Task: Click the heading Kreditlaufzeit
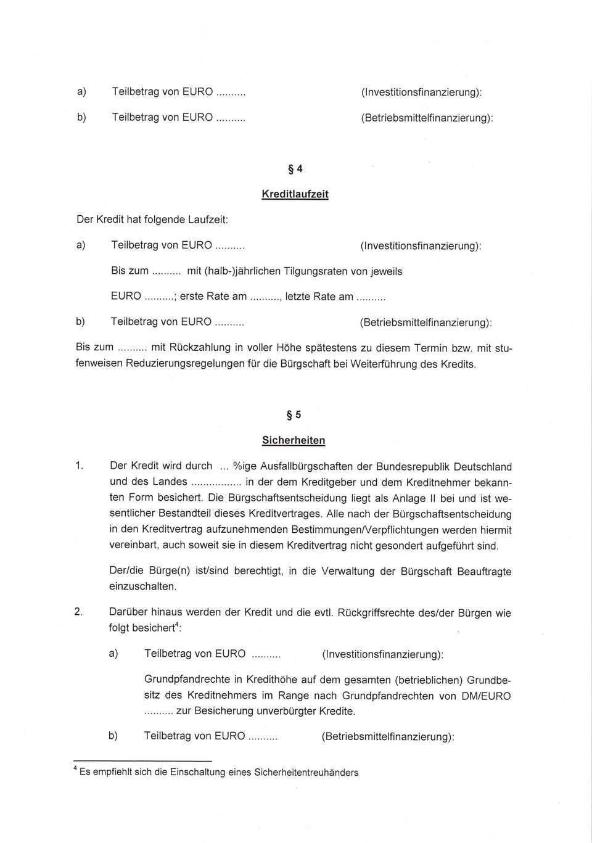pos(295,194)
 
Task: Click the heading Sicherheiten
pos(294,440)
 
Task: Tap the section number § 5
pos(294,415)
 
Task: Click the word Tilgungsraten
pos(315,271)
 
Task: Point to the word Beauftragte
pos(484,572)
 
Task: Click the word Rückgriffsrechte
pos(376,613)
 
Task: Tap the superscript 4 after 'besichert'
pos(177,625)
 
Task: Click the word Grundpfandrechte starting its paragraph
pos(186,680)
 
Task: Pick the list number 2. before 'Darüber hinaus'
pos(78,612)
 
